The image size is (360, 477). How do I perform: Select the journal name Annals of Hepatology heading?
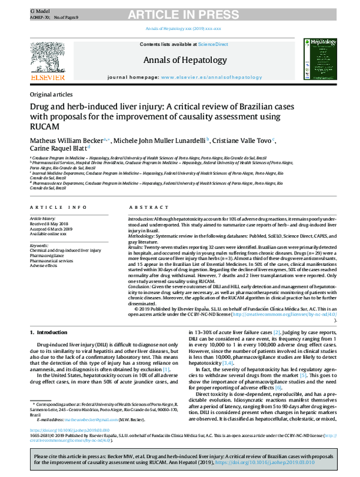[185, 60]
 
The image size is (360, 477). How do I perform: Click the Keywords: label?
[39, 245]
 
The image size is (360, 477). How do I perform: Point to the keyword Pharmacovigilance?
[47, 255]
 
